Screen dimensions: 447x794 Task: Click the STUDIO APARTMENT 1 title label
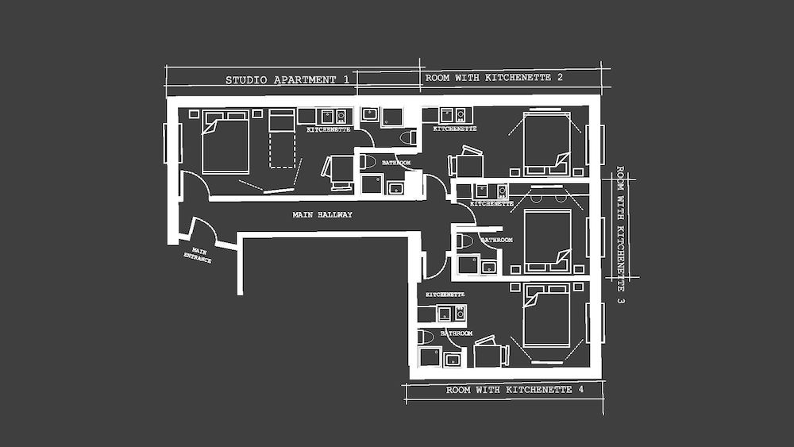(287, 79)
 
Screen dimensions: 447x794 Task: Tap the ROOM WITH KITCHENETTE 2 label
(494, 78)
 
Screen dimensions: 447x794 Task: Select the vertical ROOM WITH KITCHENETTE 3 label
(620, 234)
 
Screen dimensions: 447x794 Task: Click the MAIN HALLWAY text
(322, 214)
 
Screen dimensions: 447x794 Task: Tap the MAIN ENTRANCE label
(197, 255)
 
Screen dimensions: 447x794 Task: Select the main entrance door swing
(202, 231)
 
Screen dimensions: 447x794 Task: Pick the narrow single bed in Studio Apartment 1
(281, 138)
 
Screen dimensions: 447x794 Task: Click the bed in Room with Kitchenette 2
(546, 144)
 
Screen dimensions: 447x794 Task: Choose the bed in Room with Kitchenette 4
(546, 317)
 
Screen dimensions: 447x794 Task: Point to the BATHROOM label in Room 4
(457, 333)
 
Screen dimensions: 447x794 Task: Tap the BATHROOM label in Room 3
(496, 239)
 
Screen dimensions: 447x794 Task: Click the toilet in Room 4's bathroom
(426, 337)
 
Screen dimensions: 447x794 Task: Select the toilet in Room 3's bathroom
(464, 241)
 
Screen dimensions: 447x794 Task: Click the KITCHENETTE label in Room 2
(455, 129)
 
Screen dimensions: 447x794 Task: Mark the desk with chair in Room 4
(491, 353)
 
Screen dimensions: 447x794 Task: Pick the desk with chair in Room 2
(468, 164)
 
